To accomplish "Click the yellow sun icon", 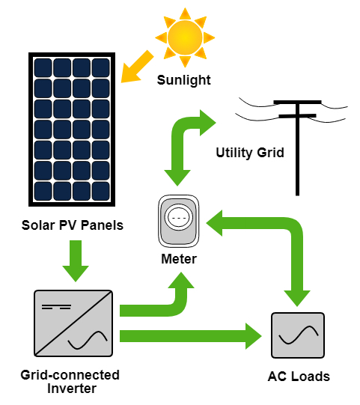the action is pos(185,37).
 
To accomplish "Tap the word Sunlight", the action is pos(184,80).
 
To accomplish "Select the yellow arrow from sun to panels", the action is pos(137,67).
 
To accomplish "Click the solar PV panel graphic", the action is pos(72,130).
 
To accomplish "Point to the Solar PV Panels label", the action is pos(73,225).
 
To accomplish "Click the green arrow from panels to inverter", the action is pos(76,261).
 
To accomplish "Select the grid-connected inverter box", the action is pos(73,323).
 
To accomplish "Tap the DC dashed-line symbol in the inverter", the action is pos(56,307).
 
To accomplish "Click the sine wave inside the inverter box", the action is pos(88,340).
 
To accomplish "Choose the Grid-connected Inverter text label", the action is pos(70,382).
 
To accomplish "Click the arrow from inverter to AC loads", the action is pos(191,336).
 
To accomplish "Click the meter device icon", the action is pos(179,221).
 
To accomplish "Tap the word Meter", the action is pos(179,259).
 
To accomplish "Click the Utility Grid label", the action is pos(250,153).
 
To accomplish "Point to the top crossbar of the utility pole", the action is pos(297,103).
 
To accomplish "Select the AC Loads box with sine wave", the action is pos(298,335).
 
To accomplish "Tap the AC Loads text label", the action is pos(299,377).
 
